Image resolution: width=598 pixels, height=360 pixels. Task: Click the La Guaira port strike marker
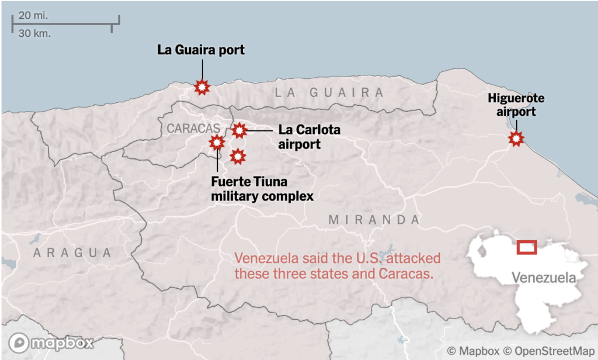202,87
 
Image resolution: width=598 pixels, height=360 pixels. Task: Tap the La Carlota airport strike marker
239,130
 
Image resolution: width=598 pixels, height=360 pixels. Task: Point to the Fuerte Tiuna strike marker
217,141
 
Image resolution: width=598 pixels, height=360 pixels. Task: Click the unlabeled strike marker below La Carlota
237,156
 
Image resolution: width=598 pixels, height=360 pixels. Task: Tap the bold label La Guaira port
201,50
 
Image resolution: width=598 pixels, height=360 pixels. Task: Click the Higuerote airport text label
512,105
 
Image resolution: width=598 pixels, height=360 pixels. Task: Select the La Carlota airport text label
300,137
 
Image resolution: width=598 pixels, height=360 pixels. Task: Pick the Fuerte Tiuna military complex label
262,189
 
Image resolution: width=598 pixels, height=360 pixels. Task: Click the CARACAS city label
193,128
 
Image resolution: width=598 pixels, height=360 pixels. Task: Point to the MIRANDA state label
374,220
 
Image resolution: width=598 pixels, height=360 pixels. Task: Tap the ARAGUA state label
72,252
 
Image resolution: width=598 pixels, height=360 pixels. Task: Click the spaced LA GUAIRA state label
329,92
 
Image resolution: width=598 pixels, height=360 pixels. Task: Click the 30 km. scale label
34,33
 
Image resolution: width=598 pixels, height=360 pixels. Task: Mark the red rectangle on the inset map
527,247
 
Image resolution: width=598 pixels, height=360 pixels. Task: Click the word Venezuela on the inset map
543,277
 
